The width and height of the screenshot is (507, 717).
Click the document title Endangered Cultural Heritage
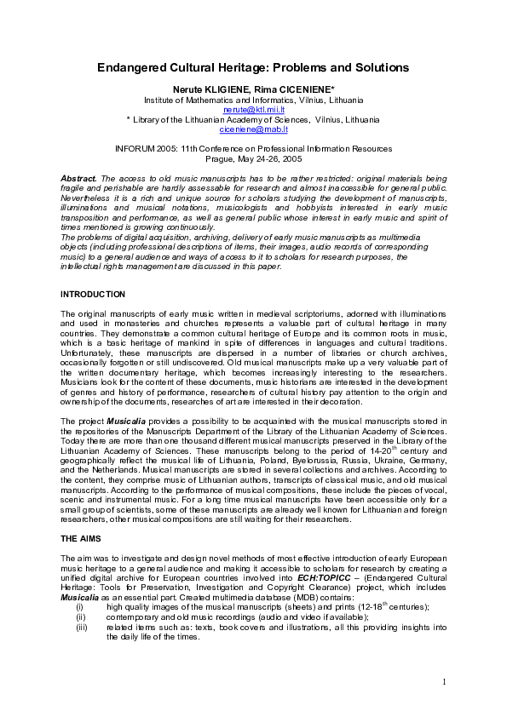click(252, 67)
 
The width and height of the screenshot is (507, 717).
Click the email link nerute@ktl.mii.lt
click(253, 110)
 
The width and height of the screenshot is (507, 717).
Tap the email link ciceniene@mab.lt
click(253, 129)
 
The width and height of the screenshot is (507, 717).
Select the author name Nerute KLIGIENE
click(212, 89)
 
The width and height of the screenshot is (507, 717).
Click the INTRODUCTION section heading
click(93, 294)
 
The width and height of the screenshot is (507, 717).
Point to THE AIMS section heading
click(81, 539)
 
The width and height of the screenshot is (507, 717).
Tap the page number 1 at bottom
click(444, 682)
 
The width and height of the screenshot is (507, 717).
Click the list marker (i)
click(80, 606)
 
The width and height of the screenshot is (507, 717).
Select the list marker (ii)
click(81, 617)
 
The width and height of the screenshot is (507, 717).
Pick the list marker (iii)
click(82, 627)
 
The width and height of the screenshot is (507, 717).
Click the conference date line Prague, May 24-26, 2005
click(253, 158)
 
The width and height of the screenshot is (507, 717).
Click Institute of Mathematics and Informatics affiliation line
click(253, 100)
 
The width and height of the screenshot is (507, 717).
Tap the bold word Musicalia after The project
click(124, 422)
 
